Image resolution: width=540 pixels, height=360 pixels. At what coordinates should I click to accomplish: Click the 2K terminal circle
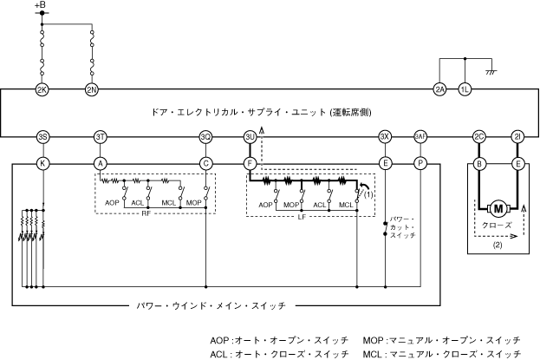tap(42, 90)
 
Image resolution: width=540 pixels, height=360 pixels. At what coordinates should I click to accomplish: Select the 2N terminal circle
tap(93, 90)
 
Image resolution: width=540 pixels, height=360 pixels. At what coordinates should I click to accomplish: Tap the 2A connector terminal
tap(440, 90)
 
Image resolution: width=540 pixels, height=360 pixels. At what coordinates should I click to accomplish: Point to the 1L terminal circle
tap(465, 90)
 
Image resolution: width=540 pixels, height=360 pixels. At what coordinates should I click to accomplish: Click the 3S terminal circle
tap(42, 137)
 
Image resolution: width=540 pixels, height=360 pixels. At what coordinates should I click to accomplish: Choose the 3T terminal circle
tap(101, 137)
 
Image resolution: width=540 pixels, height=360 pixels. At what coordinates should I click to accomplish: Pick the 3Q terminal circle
tap(205, 137)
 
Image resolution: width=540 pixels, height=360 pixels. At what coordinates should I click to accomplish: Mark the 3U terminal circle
tap(250, 137)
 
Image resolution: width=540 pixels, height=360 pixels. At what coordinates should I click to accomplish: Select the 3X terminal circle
tap(386, 137)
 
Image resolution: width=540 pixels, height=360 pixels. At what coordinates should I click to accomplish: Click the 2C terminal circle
tap(478, 137)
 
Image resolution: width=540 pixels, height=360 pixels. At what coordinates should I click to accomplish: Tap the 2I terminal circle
tap(517, 137)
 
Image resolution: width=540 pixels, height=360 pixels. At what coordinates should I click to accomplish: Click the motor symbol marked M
tap(498, 208)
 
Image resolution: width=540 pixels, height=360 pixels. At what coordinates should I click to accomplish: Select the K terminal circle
tap(42, 162)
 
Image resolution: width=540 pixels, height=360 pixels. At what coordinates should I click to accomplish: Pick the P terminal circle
tap(421, 162)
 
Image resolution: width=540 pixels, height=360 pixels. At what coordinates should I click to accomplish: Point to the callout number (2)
tap(498, 245)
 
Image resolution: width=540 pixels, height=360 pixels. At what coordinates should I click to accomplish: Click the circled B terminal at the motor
tap(478, 162)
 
